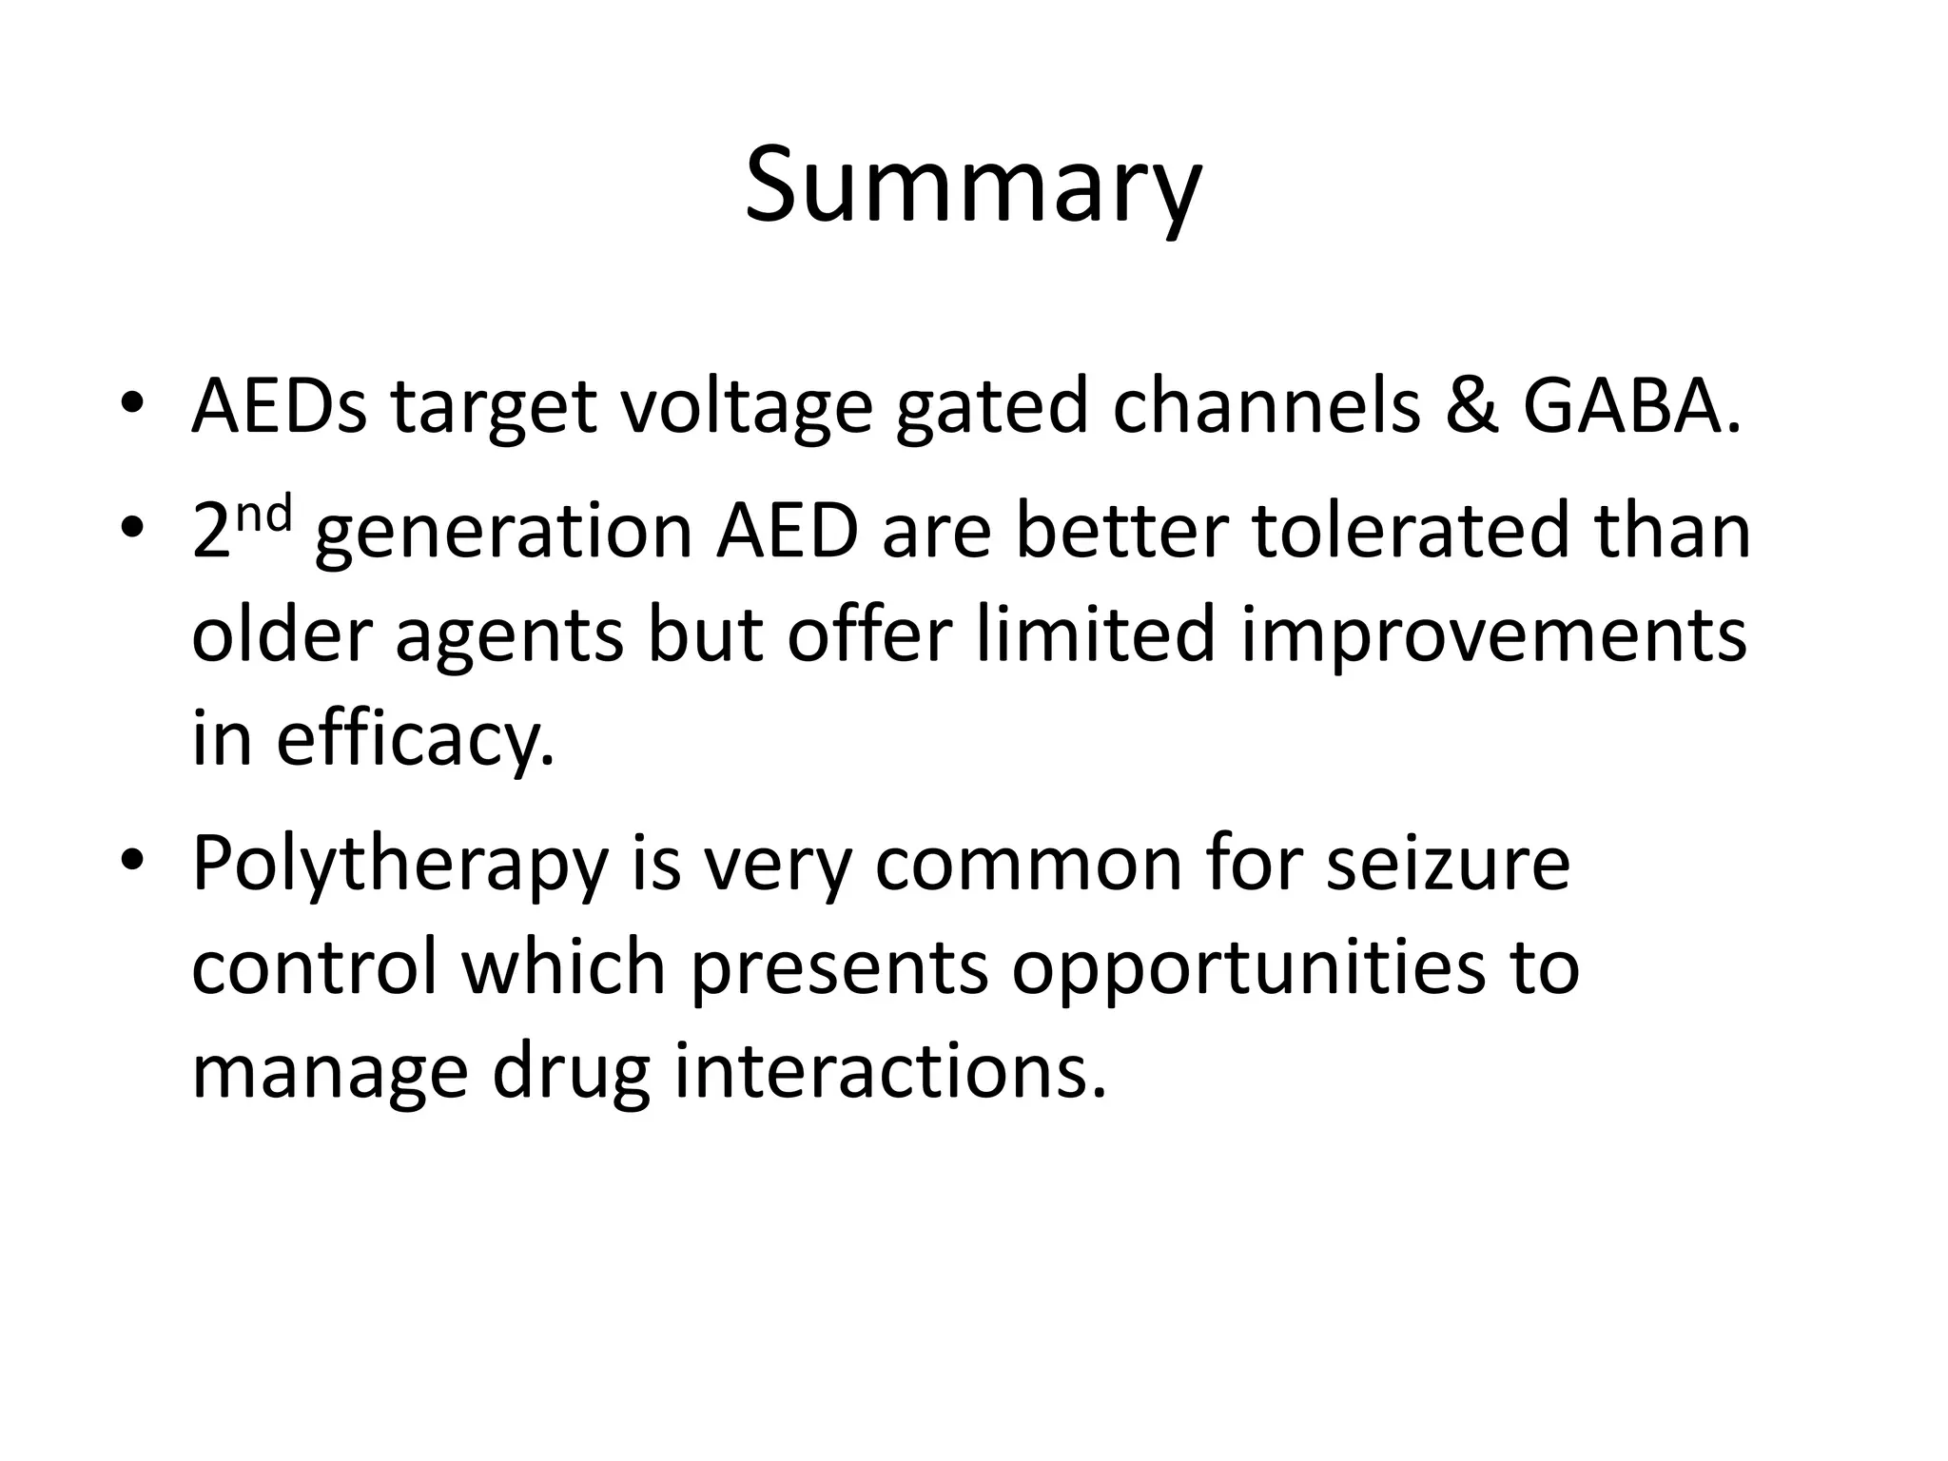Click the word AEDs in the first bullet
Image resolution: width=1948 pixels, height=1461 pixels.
(x=279, y=406)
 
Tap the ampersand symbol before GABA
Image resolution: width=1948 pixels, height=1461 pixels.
(x=1471, y=406)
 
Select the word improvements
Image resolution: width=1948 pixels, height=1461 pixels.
(x=1494, y=638)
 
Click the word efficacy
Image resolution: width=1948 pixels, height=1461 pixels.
(x=415, y=742)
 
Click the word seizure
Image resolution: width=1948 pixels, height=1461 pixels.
(x=1449, y=864)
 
